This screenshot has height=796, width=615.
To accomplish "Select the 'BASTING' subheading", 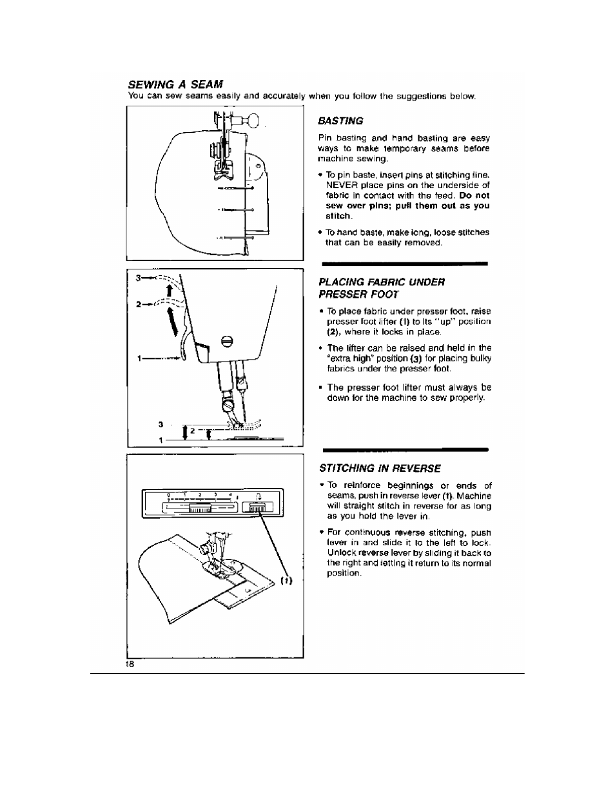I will point(341,121).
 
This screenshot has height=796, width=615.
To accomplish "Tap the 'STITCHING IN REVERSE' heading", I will point(380,468).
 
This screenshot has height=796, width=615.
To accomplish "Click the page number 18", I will point(130,665).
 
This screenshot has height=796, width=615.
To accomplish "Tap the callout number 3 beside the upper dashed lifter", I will point(138,278).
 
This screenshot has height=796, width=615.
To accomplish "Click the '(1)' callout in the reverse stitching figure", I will point(286,581).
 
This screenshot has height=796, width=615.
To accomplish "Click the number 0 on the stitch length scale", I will point(168,494).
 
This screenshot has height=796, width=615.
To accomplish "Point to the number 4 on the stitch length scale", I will point(230,494).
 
